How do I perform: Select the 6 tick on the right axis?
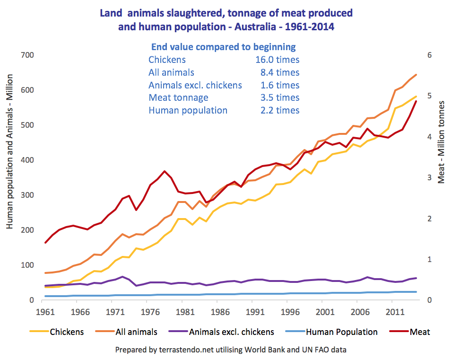coord(430,55)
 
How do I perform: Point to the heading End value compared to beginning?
coord(223,47)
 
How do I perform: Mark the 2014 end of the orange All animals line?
coord(416,75)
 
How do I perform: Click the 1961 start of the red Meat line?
coord(45,243)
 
